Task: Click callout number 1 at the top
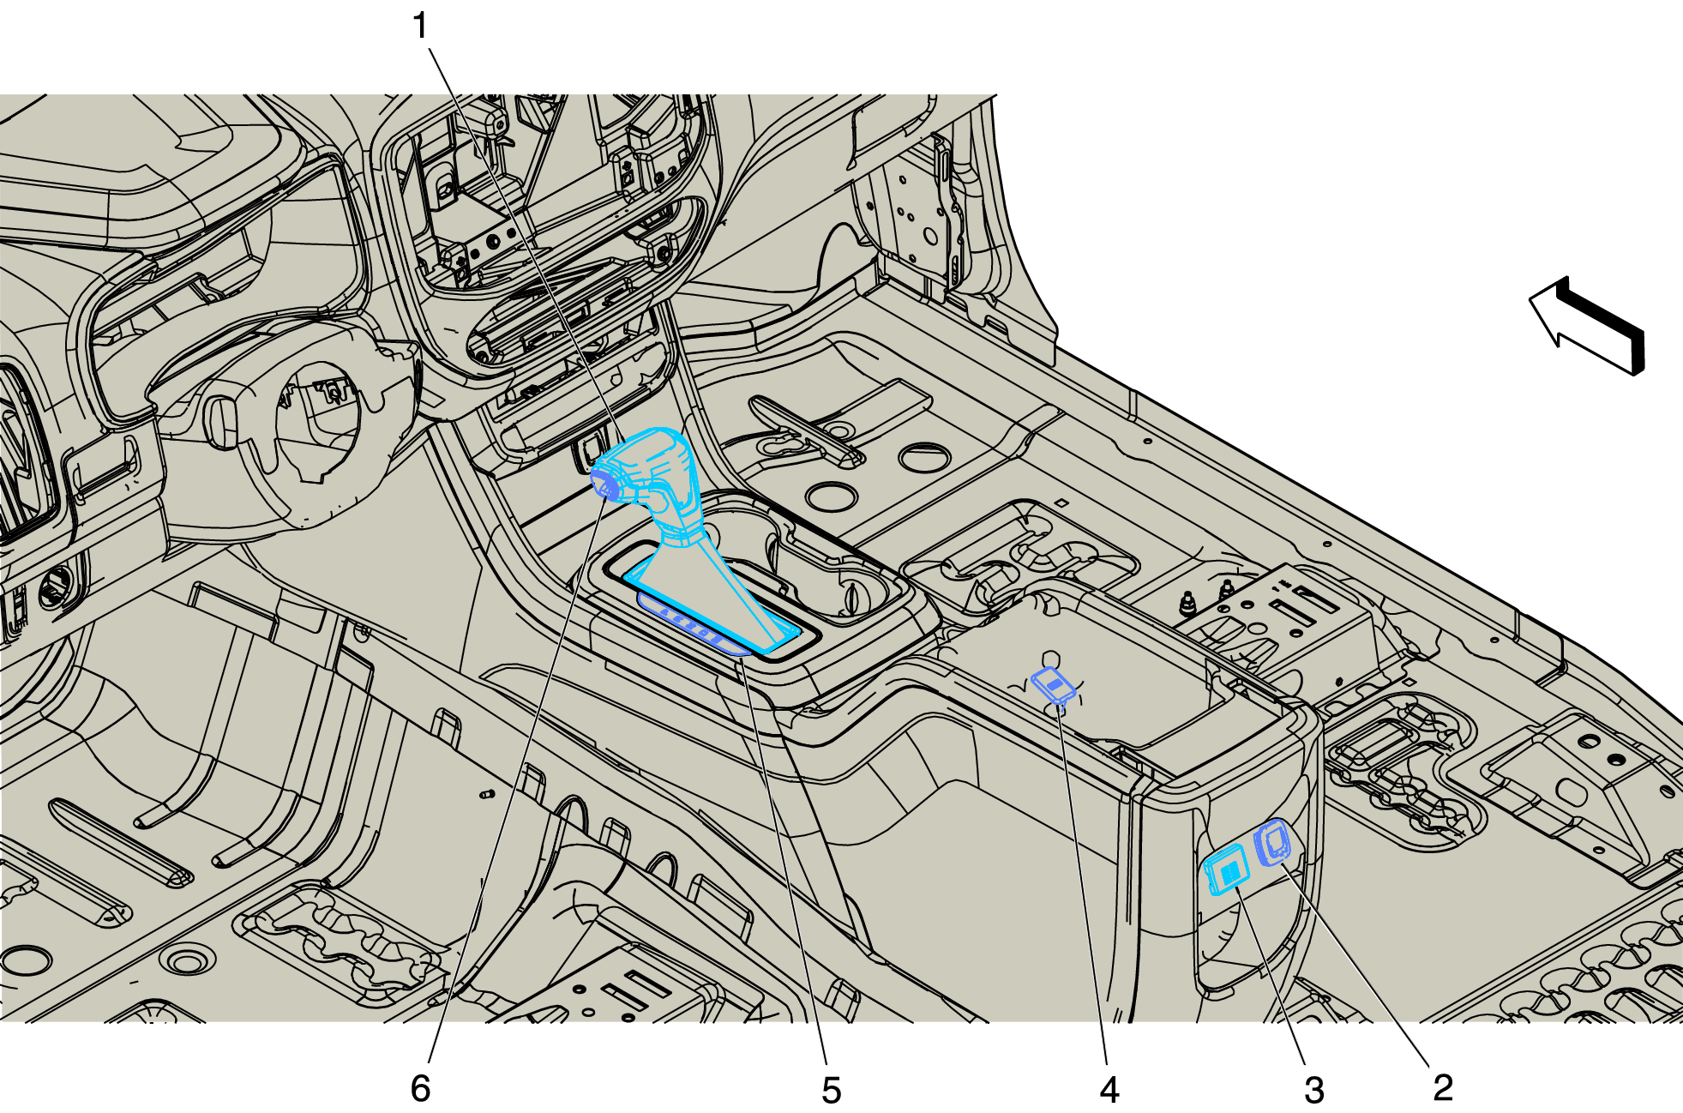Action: tap(420, 26)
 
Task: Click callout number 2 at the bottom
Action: tap(1443, 1087)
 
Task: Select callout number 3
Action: tap(1314, 1090)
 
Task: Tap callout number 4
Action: tap(1109, 1090)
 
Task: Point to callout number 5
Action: tap(831, 1090)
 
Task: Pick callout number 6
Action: tap(420, 1087)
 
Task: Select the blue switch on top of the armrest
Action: tap(1054, 684)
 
